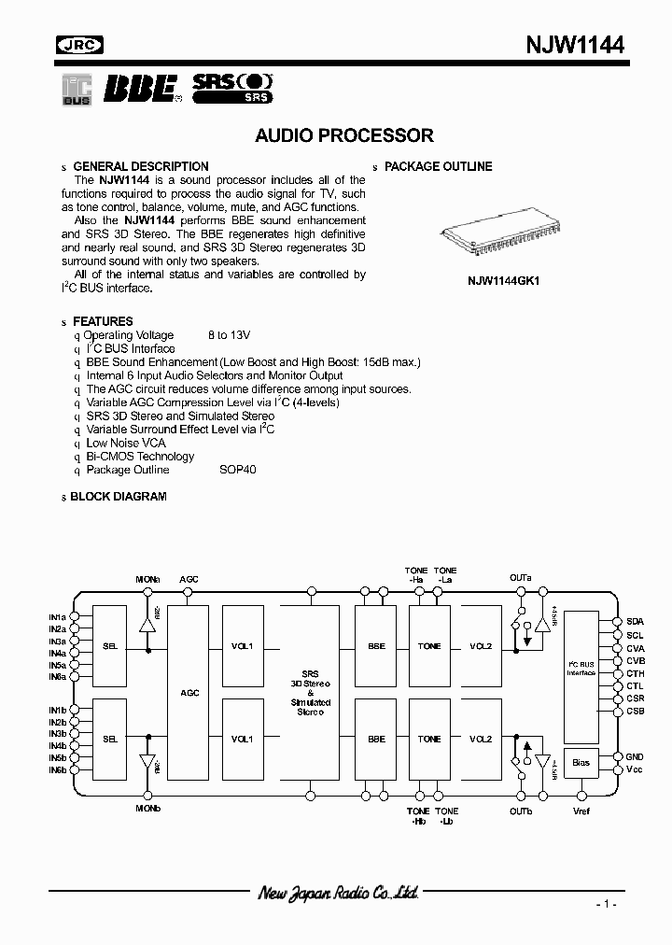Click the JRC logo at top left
coord(81,44)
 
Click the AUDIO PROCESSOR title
coord(344,135)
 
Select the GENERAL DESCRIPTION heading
coord(140,167)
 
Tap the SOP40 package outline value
coord(237,470)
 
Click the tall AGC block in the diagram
coord(189,692)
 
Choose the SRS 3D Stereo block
coord(310,692)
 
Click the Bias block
coord(581,763)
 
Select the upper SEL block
coord(110,645)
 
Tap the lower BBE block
coord(376,739)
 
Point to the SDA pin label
coord(635,621)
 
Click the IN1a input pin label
coord(58,617)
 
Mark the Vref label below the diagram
coord(581,811)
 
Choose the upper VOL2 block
coord(481,645)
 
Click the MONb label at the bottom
coord(148,808)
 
